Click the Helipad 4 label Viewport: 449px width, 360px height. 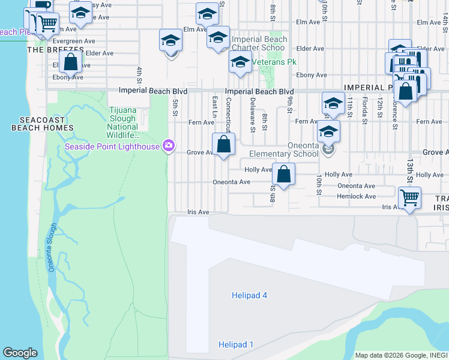(x=249, y=295)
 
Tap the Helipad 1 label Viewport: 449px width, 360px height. (x=235, y=344)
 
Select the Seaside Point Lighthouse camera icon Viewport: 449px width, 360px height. (x=169, y=145)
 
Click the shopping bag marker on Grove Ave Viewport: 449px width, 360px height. (x=223, y=145)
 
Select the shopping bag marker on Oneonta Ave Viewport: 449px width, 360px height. (x=283, y=175)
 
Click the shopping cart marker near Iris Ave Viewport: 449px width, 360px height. (x=409, y=196)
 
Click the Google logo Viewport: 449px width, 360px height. (x=20, y=353)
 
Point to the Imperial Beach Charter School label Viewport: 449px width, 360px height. (x=259, y=43)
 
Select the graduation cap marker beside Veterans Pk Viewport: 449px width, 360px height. (x=240, y=62)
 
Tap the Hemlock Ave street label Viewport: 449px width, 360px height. (x=356, y=196)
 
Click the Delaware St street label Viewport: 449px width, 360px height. (x=253, y=115)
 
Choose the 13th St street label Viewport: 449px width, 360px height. (x=410, y=171)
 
